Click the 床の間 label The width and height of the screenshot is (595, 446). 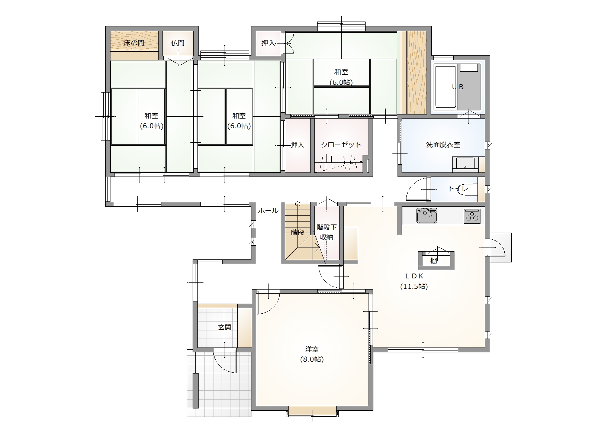coord(134,43)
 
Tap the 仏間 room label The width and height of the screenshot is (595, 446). coord(178,43)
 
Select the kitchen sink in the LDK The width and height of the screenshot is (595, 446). coord(427,215)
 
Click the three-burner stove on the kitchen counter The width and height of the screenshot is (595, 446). coord(472,216)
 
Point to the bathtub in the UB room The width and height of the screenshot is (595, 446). coord(446,87)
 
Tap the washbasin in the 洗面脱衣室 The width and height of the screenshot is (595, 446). coord(465,164)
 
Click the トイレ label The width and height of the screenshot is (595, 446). coord(458,189)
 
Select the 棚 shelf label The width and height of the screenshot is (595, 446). coord(434,261)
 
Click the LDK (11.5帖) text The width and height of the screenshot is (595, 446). coord(414,281)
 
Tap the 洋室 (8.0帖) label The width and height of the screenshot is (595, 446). coord(312,354)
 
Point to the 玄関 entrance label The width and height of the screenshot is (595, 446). coord(225,327)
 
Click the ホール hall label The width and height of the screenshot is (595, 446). coord(268,210)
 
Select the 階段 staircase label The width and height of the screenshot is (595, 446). coord(297,232)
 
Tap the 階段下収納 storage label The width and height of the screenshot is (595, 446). coord(327,232)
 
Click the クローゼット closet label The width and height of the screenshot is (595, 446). coord(341,145)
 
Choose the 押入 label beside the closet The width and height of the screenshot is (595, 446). coord(297,145)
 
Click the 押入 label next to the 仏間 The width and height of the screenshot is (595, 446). coord(268,43)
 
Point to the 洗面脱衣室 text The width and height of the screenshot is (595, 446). coord(443,145)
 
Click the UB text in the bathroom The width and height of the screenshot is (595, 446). coord(458,87)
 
